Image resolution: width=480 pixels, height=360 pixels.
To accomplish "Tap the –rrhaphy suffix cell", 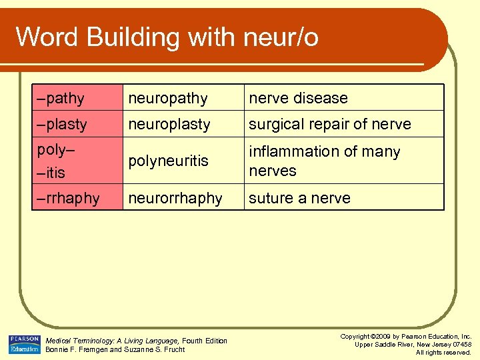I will (69, 198).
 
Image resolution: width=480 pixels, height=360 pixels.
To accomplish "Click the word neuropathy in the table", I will (168, 99).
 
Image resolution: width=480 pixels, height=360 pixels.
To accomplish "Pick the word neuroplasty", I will (169, 124).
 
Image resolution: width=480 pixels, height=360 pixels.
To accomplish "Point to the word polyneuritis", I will (169, 161).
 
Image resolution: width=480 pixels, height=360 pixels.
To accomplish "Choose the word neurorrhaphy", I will (175, 198).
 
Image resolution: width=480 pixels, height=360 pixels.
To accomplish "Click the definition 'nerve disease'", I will (299, 98).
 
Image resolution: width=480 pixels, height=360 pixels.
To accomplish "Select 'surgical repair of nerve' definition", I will (330, 124).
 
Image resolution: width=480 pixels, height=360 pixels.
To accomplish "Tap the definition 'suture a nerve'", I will (299, 198).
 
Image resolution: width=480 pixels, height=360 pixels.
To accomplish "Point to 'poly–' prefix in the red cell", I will (55, 149).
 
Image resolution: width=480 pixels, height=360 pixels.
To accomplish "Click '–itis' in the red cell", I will (51, 173).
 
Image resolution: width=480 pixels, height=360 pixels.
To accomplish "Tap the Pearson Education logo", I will (25, 344).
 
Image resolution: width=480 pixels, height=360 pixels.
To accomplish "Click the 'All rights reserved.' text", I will (444, 352).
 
